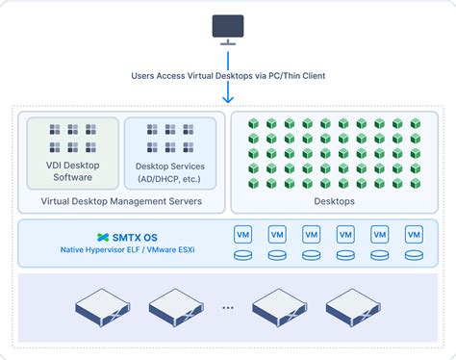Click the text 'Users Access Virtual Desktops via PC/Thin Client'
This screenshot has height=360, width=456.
[227, 78]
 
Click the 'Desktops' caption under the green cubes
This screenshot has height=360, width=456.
[335, 201]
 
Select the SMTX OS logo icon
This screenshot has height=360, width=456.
[104, 237]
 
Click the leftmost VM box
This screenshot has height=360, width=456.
[243, 235]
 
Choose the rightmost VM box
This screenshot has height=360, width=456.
[414, 235]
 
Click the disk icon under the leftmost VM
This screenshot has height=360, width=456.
[243, 255]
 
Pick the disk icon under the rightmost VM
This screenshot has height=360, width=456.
[414, 255]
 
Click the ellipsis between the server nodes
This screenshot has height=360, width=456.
[227, 308]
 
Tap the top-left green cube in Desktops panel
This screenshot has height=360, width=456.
[255, 124]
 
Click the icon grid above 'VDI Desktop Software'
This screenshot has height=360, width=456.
[73, 138]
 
